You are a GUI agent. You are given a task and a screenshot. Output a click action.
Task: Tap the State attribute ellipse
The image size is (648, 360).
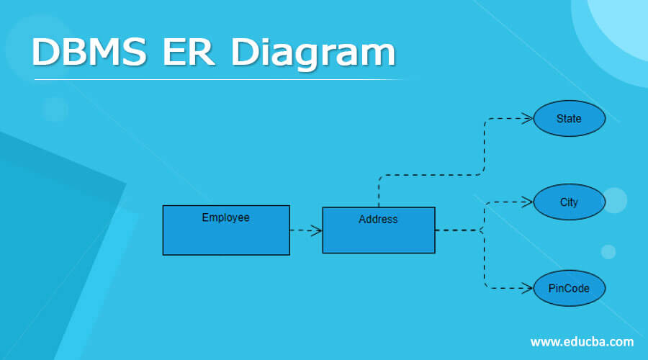pyautogui.click(x=569, y=119)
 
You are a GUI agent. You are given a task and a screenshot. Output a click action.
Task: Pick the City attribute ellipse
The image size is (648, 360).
pyautogui.click(x=569, y=202)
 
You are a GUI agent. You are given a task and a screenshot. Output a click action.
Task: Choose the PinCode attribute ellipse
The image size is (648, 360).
pyautogui.click(x=569, y=289)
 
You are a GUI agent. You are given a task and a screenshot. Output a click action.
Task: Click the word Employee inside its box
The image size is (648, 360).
pyautogui.click(x=225, y=217)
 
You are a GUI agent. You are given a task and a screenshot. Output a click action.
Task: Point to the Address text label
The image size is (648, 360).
pyautogui.click(x=378, y=220)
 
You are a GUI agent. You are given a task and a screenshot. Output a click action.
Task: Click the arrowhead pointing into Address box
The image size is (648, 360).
pyautogui.click(x=316, y=230)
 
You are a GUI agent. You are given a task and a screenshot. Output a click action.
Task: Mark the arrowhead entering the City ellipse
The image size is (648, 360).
pyautogui.click(x=528, y=202)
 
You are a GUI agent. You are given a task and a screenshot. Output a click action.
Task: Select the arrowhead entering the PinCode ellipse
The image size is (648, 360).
pyautogui.click(x=528, y=289)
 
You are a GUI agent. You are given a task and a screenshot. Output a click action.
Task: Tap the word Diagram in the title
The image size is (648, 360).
pyautogui.click(x=313, y=53)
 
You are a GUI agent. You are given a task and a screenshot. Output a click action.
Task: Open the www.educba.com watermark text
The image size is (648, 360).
pyautogui.click(x=582, y=341)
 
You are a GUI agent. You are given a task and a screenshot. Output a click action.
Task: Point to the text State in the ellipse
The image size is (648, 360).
pyautogui.click(x=569, y=119)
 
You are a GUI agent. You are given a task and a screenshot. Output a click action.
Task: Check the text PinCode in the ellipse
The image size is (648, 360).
pyautogui.click(x=569, y=289)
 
